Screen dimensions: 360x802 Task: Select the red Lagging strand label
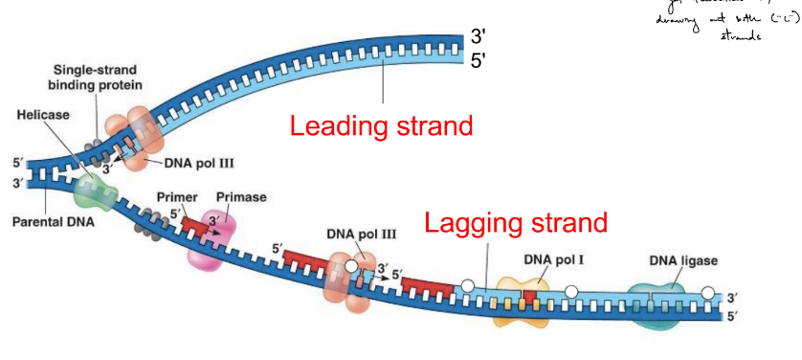click(516, 223)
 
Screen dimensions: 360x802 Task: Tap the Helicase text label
click(44, 115)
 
